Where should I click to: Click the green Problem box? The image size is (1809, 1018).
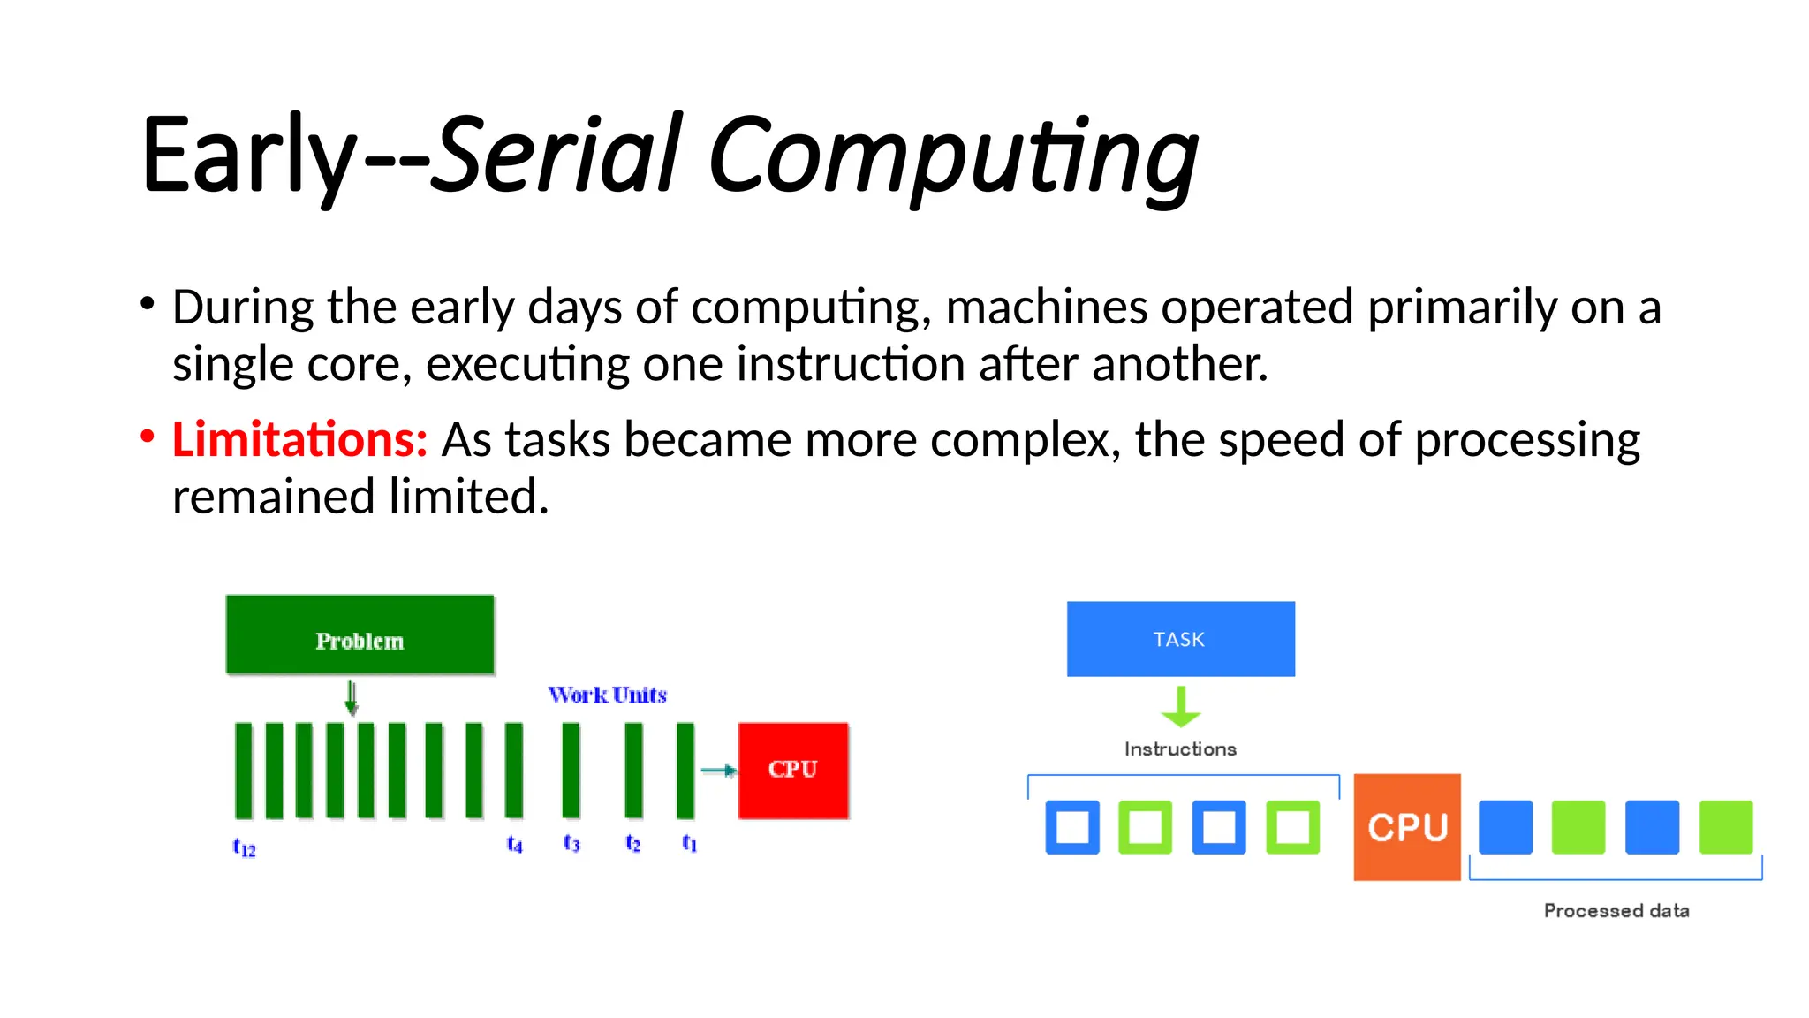tap(360, 635)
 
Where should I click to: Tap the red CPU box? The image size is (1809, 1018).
tap(793, 770)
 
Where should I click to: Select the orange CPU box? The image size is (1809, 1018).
tap(1407, 827)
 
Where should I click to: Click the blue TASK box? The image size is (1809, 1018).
tap(1180, 639)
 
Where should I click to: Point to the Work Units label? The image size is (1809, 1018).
tap(607, 695)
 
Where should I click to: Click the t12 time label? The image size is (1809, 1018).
tap(244, 847)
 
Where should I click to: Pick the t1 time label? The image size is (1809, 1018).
tap(689, 844)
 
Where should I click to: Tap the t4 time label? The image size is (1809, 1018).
tap(514, 845)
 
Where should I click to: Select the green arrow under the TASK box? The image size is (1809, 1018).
tap(1181, 707)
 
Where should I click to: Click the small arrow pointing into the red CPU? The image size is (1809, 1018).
tap(718, 771)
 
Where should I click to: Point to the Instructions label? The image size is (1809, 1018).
tap(1180, 749)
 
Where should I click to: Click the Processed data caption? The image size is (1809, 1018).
tap(1616, 911)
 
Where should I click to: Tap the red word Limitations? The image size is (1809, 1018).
tap(299, 440)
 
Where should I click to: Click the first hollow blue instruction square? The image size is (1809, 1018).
tap(1072, 827)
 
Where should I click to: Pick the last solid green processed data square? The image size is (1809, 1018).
tap(1726, 827)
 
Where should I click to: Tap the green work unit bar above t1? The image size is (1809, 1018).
tap(685, 771)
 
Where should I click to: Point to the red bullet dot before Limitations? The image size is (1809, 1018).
tap(148, 437)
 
